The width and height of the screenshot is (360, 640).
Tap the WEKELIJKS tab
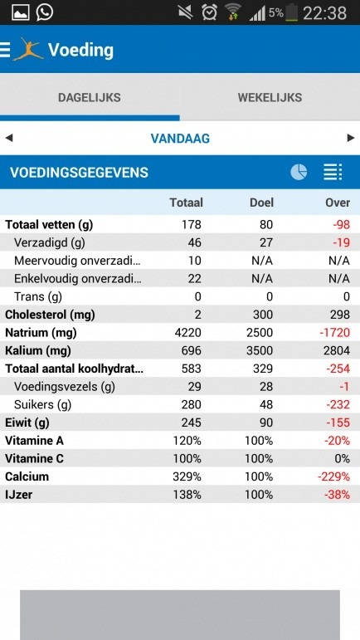click(270, 98)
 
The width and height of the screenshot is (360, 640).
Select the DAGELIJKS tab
click(90, 98)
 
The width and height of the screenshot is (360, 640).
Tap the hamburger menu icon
click(6, 50)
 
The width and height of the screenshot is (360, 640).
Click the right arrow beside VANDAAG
click(351, 138)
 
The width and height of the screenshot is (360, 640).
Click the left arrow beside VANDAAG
click(9, 138)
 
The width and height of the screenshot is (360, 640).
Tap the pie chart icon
click(299, 172)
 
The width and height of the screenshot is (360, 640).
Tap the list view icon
click(332, 172)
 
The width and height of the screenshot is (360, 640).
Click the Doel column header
click(261, 203)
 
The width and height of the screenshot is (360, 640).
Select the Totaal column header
click(186, 203)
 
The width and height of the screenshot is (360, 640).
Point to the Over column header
click(337, 203)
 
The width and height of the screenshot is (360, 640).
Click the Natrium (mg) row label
click(41, 333)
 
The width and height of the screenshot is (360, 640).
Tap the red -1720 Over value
click(333, 333)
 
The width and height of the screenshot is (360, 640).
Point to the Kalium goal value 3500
click(260, 351)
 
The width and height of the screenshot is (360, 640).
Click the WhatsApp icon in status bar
click(44, 12)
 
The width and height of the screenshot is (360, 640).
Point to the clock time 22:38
click(324, 12)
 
